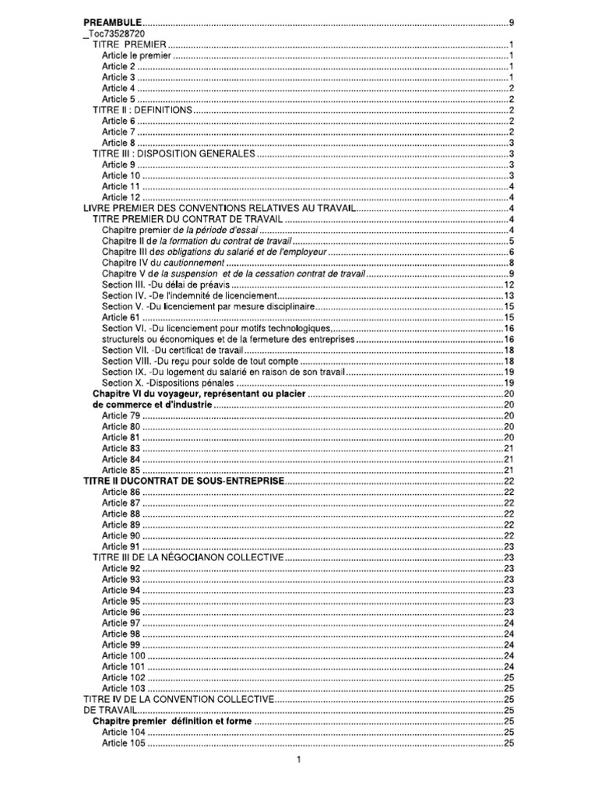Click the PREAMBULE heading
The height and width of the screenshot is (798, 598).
pos(113,25)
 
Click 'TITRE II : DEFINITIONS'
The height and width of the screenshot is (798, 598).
pos(142,111)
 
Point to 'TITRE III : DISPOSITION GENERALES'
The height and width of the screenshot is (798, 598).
pos(174,154)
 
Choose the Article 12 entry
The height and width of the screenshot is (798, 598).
pos(121,197)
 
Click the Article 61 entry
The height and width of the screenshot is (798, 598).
pos(121,317)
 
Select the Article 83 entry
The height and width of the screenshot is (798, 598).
pos(121,449)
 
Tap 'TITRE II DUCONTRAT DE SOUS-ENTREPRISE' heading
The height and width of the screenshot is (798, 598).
pos(184,482)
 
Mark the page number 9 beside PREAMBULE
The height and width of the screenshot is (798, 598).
pos(510,25)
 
